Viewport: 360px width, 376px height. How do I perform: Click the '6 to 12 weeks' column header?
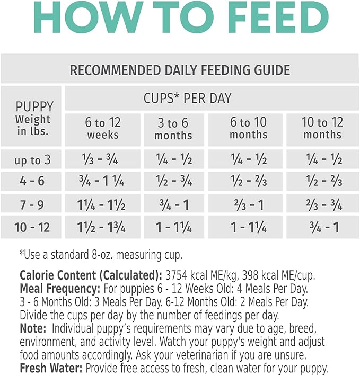(x=103, y=129)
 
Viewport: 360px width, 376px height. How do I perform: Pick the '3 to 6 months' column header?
(x=173, y=129)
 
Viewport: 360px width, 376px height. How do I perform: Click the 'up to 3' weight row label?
(x=32, y=159)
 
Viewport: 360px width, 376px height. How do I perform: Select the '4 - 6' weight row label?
(x=32, y=182)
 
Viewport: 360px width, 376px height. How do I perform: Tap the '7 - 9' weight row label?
(x=32, y=204)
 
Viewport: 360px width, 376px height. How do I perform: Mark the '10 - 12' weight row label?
(x=32, y=227)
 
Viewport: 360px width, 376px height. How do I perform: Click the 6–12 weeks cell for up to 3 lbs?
(x=103, y=159)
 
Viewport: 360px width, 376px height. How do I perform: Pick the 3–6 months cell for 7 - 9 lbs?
(x=173, y=204)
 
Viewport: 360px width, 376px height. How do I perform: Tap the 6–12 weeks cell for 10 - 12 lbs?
(x=103, y=227)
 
